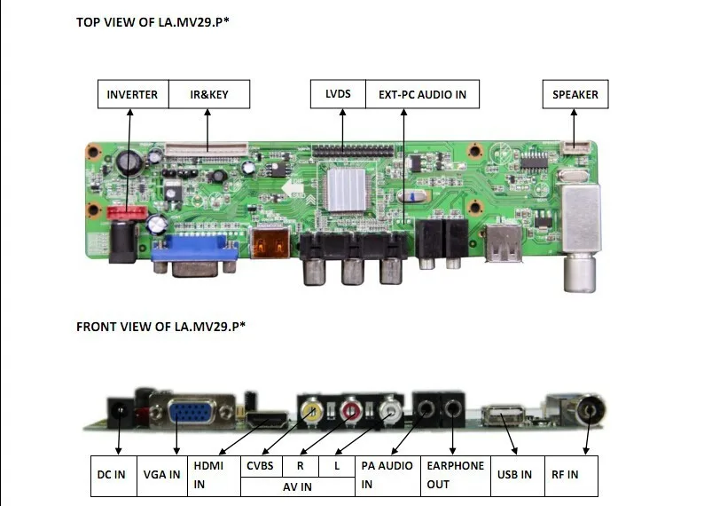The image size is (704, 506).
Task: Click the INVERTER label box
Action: [132, 94]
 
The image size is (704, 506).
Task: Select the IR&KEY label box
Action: [209, 94]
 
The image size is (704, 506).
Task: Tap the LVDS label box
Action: [338, 94]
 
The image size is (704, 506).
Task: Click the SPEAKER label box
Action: [575, 94]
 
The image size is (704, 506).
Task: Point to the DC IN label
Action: [112, 475]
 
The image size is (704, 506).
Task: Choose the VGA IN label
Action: [162, 475]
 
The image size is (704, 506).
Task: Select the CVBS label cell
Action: [261, 465]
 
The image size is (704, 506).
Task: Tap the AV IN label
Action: [297, 486]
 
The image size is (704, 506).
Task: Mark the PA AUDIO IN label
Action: [387, 475]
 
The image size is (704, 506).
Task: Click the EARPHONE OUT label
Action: [456, 475]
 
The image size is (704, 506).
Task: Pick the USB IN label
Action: [514, 475]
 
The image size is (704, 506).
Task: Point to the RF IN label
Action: [565, 475]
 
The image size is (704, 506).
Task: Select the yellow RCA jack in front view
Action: [310, 411]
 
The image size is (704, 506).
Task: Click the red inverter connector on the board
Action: [128, 214]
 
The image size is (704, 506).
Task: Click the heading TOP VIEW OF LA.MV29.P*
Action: [160, 22]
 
